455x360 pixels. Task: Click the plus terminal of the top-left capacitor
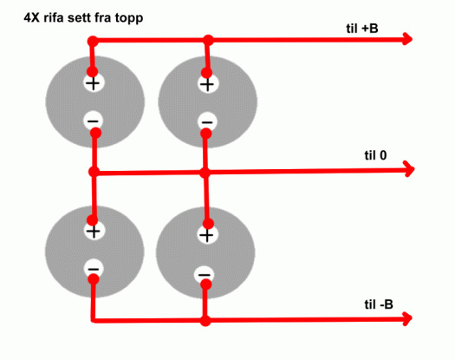click(x=93, y=83)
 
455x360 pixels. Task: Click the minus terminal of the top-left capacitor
click(x=93, y=121)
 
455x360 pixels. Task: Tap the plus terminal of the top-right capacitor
click(x=208, y=84)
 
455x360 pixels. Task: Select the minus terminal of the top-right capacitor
click(x=207, y=122)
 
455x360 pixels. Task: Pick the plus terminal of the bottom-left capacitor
click(x=94, y=231)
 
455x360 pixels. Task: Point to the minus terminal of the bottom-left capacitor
click(x=94, y=269)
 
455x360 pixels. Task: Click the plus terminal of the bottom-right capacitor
click(x=207, y=234)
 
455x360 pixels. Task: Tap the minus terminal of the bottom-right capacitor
click(x=205, y=274)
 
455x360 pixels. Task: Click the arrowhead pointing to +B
click(x=407, y=39)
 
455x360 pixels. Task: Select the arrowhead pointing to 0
click(x=409, y=169)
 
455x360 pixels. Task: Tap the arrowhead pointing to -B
click(x=407, y=318)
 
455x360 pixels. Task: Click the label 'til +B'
click(x=362, y=29)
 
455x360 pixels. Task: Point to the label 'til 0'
click(x=375, y=155)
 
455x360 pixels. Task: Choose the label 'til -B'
click(x=379, y=304)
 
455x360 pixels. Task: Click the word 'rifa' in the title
click(x=54, y=17)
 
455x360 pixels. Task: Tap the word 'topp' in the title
click(x=129, y=18)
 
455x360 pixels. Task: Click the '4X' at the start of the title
click(x=31, y=18)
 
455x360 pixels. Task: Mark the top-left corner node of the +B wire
click(x=93, y=41)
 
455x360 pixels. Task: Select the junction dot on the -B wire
click(x=205, y=321)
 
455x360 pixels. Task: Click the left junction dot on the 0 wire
click(x=94, y=172)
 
